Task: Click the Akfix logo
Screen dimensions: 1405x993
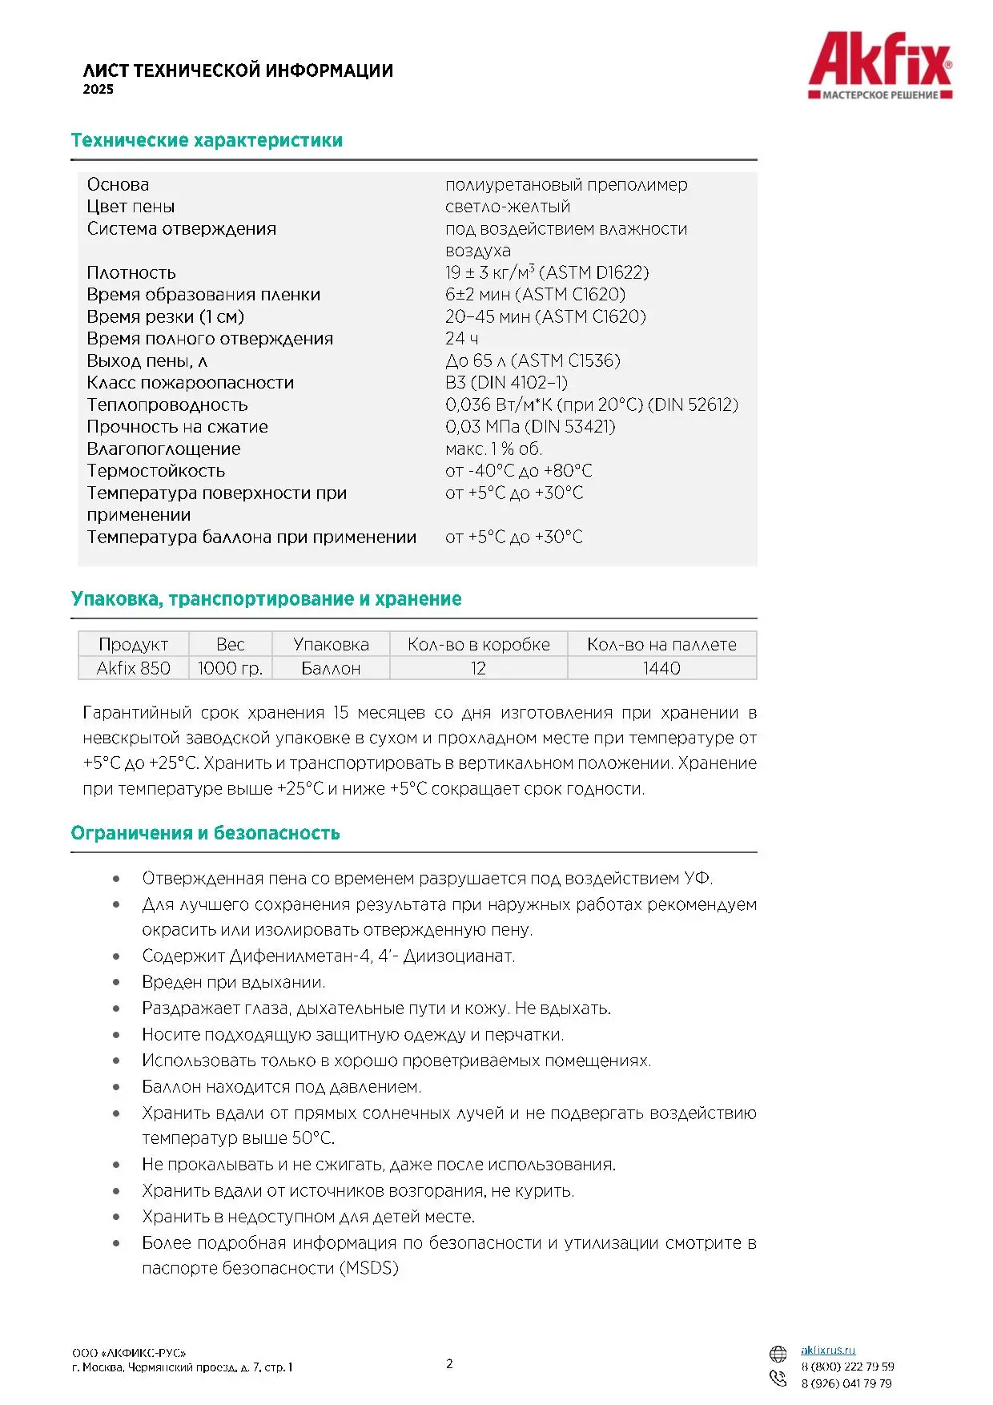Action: (x=880, y=65)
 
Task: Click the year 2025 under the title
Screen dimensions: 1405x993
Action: (x=98, y=90)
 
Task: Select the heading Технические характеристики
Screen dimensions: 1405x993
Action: (x=207, y=141)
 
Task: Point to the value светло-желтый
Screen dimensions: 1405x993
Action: (x=508, y=207)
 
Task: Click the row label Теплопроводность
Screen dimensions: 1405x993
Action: (x=167, y=405)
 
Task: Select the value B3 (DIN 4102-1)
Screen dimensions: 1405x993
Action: (x=506, y=383)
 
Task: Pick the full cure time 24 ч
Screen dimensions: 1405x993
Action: (x=461, y=339)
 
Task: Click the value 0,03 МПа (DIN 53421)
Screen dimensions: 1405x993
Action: (x=530, y=427)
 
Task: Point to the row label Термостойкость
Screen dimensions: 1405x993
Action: (x=156, y=471)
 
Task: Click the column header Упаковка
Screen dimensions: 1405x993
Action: (x=331, y=645)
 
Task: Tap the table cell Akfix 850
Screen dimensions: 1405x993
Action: (x=133, y=668)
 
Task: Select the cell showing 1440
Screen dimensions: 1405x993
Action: (x=661, y=668)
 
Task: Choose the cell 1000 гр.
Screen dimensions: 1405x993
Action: (x=230, y=668)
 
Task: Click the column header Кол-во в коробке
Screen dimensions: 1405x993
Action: (x=478, y=645)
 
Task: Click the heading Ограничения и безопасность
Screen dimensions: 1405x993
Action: (x=205, y=833)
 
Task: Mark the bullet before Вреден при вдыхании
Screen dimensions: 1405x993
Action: (x=117, y=983)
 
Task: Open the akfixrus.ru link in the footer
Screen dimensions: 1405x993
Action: (x=828, y=1351)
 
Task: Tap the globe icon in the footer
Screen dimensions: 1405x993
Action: (x=778, y=1354)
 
